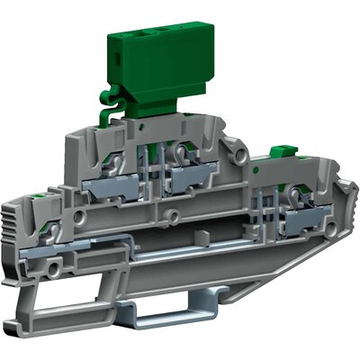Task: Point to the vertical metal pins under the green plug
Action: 161,153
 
